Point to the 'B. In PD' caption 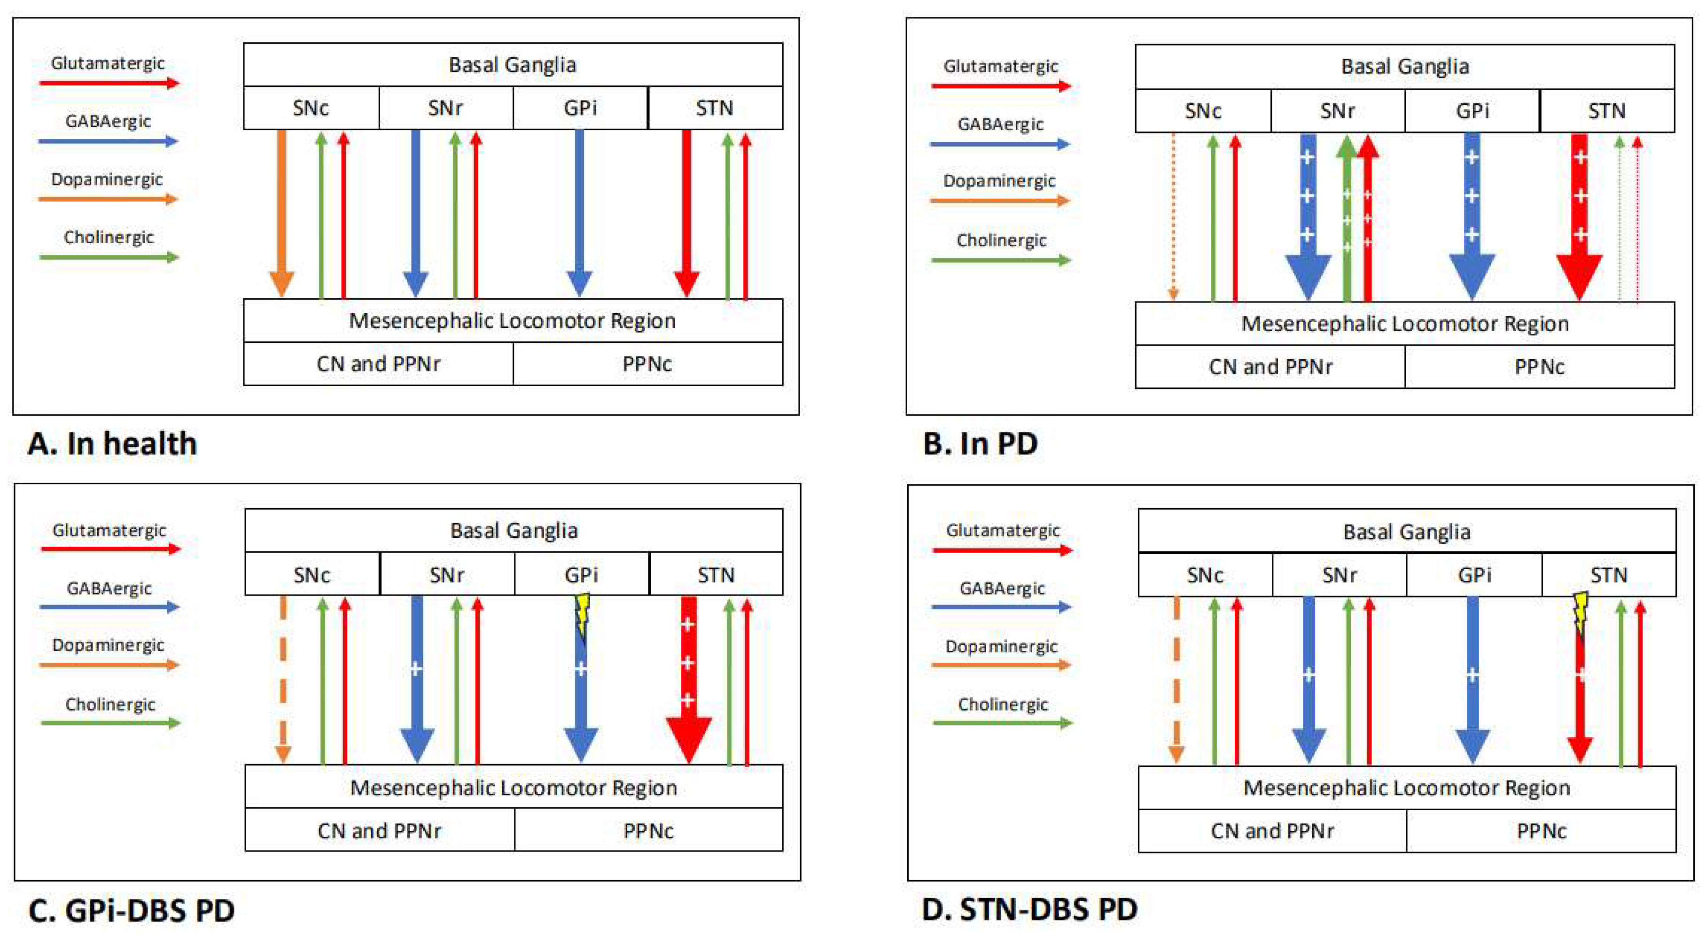(980, 443)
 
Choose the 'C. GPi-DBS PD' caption (131, 911)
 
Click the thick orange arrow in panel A (281, 212)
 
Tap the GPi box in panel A (580, 108)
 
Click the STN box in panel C (716, 574)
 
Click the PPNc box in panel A (647, 364)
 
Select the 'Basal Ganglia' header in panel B (1405, 67)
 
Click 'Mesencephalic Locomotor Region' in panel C (513, 788)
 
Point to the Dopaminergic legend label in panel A (107, 179)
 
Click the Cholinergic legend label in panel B (1001, 240)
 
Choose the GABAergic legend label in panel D (1002, 588)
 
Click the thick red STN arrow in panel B (1580, 212)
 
